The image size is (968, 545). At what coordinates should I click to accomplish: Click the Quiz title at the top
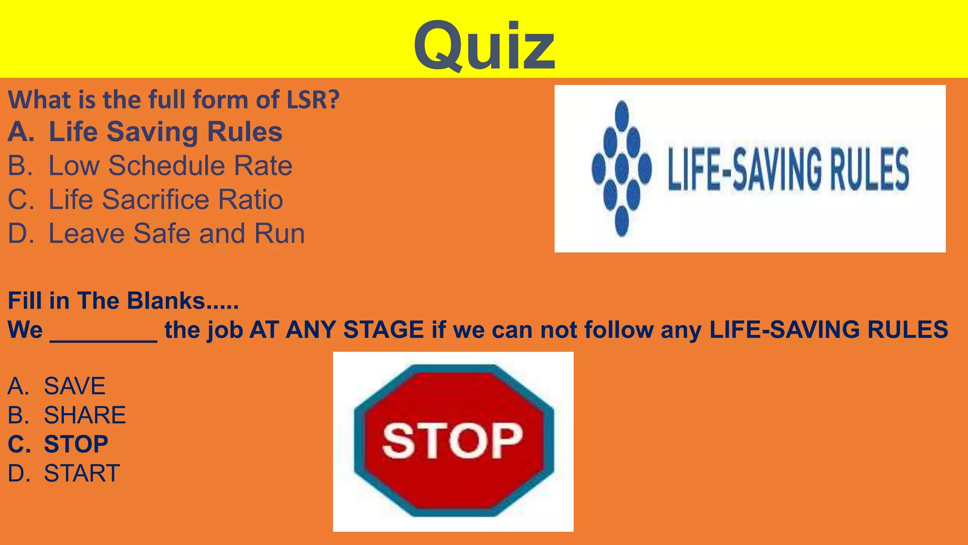[x=484, y=46]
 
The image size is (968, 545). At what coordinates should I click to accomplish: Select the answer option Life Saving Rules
[x=165, y=132]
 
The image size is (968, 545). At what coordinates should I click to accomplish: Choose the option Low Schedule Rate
[x=170, y=166]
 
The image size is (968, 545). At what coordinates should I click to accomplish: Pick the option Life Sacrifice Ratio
[x=165, y=199]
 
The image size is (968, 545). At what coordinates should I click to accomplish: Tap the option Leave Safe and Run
[x=176, y=233]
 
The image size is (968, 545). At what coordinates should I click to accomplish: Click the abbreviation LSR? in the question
[x=313, y=100]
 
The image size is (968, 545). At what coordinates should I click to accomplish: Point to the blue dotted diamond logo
[x=622, y=168]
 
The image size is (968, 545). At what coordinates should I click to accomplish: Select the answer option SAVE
[x=74, y=386]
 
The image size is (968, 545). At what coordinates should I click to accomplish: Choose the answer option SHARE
[x=85, y=415]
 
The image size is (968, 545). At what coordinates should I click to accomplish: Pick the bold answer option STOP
[x=76, y=444]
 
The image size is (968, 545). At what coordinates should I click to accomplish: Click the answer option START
[x=82, y=473]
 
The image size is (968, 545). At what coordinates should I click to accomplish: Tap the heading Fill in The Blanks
[x=123, y=301]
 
